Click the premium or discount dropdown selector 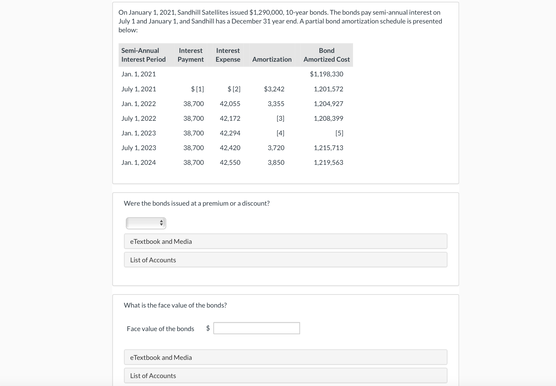[x=146, y=223]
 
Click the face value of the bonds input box [x=256, y=328]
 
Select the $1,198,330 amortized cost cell [x=326, y=74]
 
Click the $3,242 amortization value [x=274, y=89]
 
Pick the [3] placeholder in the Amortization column [x=280, y=118]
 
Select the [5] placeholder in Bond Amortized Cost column [x=339, y=133]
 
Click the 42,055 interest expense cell [x=230, y=104]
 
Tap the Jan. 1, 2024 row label [x=139, y=162]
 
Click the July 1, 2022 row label [x=139, y=118]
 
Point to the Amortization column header [x=272, y=59]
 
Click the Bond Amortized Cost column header [x=326, y=55]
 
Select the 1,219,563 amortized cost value [x=328, y=162]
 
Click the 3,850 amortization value [x=276, y=162]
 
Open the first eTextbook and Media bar [x=285, y=241]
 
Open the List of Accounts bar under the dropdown [x=285, y=260]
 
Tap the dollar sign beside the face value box [x=208, y=328]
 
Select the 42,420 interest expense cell [x=230, y=148]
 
